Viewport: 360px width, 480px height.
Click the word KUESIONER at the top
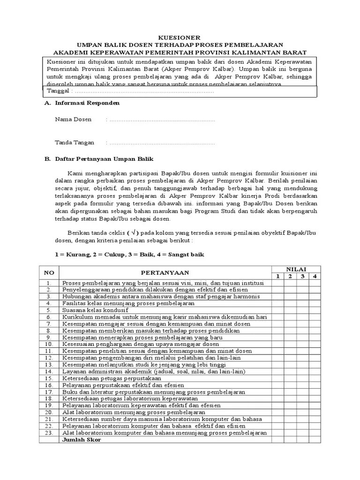(x=180, y=37)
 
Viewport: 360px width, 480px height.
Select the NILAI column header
(x=296, y=269)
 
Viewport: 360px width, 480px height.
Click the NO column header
(x=49, y=272)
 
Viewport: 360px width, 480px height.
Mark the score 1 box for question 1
(x=277, y=283)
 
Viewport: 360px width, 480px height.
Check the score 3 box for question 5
(x=303, y=310)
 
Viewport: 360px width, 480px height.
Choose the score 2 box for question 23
(x=290, y=433)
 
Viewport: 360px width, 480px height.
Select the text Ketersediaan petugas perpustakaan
(x=112, y=378)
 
